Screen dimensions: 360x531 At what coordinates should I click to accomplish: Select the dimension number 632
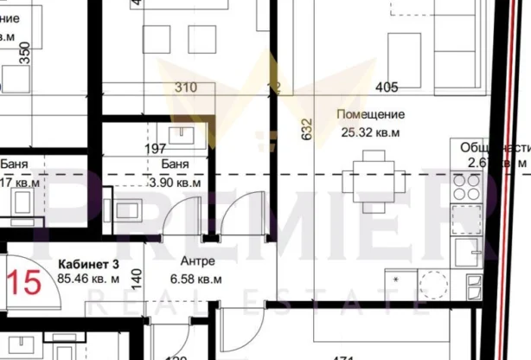pos(305,131)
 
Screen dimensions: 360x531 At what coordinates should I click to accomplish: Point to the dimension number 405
pos(387,87)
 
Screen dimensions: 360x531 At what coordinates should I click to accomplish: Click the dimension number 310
pos(185,87)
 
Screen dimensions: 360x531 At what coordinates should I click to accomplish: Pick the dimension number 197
pos(155,149)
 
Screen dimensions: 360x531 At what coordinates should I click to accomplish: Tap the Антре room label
pos(198,262)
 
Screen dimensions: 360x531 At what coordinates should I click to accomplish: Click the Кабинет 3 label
pos(88,263)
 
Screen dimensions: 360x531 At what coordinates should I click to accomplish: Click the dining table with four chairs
pos(374,179)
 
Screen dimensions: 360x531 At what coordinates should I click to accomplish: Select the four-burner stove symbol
pos(467,189)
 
